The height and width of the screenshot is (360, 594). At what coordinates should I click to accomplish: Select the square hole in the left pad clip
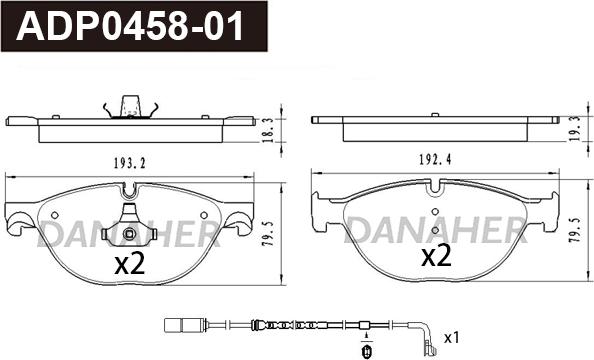tap(130, 234)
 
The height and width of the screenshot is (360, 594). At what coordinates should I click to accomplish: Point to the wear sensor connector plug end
tap(177, 323)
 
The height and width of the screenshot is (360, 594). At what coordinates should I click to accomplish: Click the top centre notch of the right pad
tap(437, 186)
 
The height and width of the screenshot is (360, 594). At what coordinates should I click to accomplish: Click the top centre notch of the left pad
tap(132, 188)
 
